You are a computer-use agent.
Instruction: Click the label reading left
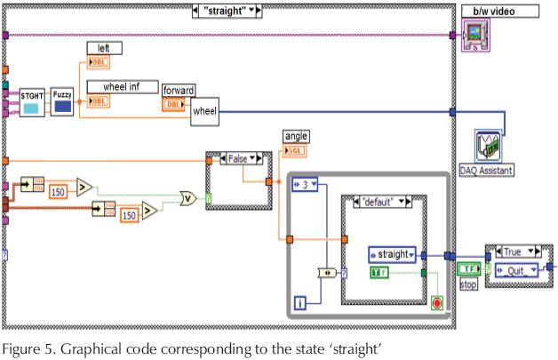[104, 47]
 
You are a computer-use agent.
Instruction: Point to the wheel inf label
[123, 86]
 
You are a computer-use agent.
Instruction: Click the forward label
[179, 90]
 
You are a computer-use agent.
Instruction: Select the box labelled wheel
[203, 112]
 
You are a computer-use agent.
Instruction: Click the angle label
[295, 135]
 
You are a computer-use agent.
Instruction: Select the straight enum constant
[391, 254]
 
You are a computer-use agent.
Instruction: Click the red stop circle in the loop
[435, 302]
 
